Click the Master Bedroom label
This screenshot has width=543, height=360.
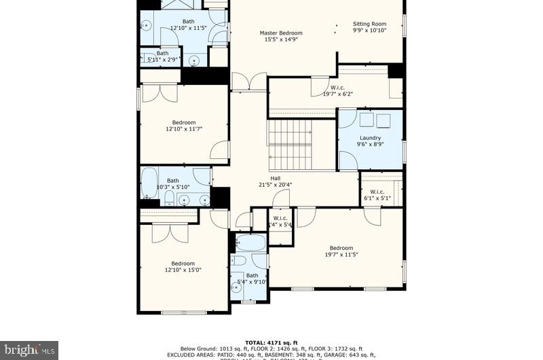point(281,33)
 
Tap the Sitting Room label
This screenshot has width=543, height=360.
point(369,24)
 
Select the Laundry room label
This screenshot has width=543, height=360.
point(370,138)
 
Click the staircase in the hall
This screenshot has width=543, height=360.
point(292,144)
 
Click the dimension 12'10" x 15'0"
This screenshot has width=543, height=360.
point(183,270)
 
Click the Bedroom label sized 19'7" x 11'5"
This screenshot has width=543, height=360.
point(341,248)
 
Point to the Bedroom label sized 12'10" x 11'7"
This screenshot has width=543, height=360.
point(183,122)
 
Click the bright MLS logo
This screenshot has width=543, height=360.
point(29,350)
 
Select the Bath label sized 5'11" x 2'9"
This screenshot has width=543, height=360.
point(163,53)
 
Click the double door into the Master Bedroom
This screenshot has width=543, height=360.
point(249,82)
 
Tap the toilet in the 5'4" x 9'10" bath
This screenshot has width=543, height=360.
point(239,261)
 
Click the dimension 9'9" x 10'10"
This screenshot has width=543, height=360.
point(369,30)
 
